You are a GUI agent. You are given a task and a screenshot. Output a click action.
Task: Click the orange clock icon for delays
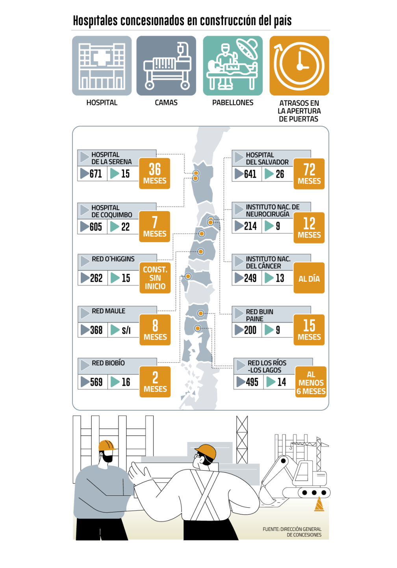[299, 65]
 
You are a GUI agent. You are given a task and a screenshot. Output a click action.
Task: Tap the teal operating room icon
[233, 65]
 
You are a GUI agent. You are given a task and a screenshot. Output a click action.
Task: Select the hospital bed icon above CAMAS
[166, 65]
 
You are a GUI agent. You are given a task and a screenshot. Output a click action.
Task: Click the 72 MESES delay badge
[309, 174]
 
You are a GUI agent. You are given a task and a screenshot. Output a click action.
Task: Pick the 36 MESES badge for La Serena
[154, 174]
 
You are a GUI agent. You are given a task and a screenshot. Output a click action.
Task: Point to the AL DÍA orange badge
[309, 278]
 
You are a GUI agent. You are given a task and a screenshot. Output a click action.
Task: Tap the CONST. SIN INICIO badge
[155, 278]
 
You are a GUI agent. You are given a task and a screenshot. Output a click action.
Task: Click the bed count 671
[96, 174]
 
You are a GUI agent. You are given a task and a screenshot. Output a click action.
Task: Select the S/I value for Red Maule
[126, 330]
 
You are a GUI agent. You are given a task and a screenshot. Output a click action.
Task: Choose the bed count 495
[252, 382]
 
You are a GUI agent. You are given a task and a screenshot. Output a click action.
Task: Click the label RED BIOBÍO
[108, 363]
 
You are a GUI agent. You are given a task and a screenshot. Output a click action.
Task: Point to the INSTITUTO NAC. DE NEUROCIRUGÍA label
[273, 211]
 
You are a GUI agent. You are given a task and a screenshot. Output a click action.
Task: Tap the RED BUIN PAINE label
[260, 315]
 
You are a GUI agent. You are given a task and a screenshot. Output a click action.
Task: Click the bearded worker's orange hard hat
[107, 446]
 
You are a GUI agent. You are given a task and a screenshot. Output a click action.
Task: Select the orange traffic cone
[319, 504]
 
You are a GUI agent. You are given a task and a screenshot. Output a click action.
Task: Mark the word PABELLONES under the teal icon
[233, 103]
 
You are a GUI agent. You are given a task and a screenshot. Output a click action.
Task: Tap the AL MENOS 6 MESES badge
[311, 382]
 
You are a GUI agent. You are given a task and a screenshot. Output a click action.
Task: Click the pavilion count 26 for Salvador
[280, 174]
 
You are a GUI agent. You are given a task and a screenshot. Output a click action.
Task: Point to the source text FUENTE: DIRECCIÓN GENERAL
[292, 529]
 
